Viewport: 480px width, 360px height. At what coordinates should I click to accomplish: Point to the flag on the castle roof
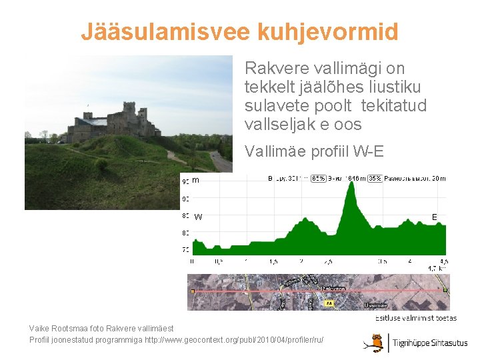pos(87,105)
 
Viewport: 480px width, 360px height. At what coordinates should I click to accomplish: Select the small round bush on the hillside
pos(101,163)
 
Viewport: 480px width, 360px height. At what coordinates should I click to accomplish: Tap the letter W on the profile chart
pos(198,217)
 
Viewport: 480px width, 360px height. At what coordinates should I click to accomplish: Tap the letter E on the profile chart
pos(435,217)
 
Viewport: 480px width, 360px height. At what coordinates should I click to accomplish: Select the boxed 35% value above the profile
pos(375,179)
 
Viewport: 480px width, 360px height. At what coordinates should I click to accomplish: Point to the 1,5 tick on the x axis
pos(273,261)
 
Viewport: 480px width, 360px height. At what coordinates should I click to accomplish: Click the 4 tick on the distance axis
pos(409,261)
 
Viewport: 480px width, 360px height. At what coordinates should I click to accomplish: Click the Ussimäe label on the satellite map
pos(375,305)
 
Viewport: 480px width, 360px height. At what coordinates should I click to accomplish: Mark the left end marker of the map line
pos(192,291)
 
